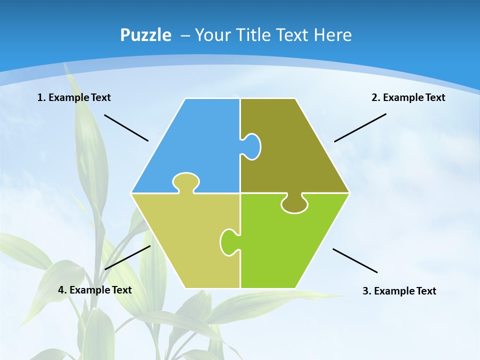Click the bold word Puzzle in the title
145,35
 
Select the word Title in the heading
253,35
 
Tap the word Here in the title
333,35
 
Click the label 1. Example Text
74,97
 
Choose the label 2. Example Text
408,97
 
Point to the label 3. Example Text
399,291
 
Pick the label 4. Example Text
95,290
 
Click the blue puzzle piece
195,145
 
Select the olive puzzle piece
295,150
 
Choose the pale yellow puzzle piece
185,240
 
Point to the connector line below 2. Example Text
360,127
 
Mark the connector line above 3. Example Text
355,260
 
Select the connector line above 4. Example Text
127,257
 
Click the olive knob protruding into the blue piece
252,146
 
